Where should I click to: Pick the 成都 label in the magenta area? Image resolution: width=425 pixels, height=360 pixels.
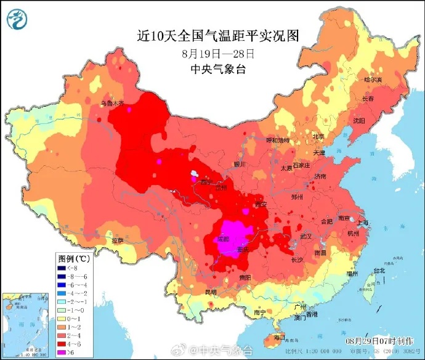click(224, 239)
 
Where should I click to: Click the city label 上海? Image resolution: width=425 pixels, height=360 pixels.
click(363, 223)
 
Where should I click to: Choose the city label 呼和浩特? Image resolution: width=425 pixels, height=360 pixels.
click(277, 141)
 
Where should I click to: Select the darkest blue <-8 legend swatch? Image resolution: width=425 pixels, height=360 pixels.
click(63, 268)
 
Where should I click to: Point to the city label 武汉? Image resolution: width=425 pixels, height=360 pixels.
click(306, 236)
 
